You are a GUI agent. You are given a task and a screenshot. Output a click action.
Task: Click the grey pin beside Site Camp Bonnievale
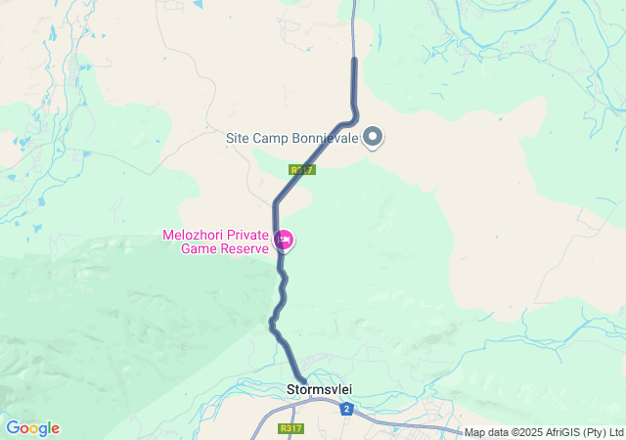[x=374, y=137]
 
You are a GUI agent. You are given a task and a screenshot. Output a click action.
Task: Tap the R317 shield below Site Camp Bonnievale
[x=302, y=169]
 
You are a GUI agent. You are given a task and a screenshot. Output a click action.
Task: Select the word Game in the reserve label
[x=201, y=248]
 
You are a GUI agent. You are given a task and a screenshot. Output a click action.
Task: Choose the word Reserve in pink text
[x=245, y=248]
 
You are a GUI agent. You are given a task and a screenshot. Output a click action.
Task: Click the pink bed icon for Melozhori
[x=285, y=240]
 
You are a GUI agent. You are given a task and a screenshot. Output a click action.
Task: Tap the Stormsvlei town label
[x=319, y=390]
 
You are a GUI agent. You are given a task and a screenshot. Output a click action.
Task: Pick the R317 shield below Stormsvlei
[x=291, y=428]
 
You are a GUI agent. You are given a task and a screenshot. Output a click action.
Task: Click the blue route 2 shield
[x=346, y=409]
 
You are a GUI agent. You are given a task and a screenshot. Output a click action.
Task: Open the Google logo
[x=32, y=428]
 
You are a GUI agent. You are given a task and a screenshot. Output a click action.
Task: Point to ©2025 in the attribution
[x=523, y=432]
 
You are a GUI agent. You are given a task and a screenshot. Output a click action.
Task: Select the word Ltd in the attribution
[x=615, y=432]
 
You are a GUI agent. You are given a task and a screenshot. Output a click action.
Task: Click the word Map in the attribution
[x=474, y=432]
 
